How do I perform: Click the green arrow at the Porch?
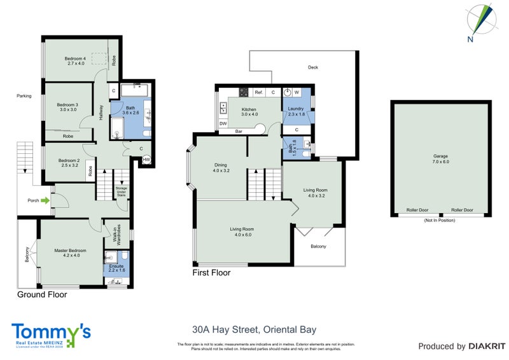point(45,200)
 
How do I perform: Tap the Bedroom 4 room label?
point(75,61)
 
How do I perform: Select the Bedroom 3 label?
point(67,107)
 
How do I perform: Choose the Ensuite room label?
point(116,269)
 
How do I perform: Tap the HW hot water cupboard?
point(146,160)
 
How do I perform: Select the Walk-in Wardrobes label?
point(116,237)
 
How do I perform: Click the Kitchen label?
point(249,111)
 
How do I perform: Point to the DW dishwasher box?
point(223,123)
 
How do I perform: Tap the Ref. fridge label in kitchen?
point(259,93)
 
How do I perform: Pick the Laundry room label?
point(296,111)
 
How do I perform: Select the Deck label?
point(312,67)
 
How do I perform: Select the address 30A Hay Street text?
point(254,329)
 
